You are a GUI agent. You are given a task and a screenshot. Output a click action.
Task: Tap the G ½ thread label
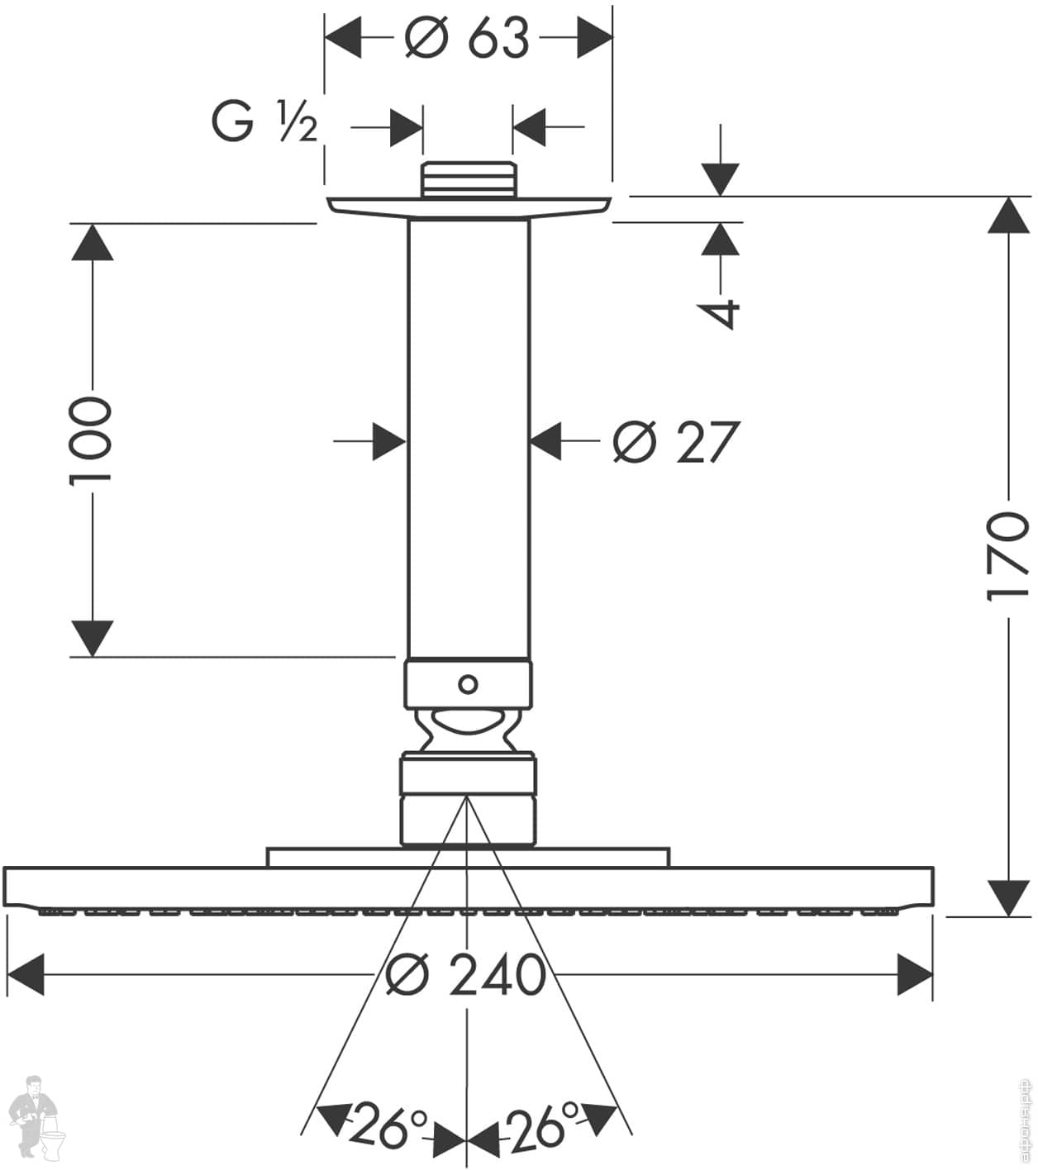(x=264, y=123)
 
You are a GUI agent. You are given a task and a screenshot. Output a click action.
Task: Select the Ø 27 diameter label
(x=674, y=442)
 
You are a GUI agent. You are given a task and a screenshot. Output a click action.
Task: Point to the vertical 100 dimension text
(x=90, y=440)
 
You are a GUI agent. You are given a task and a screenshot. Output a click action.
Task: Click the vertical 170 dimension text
(x=1008, y=556)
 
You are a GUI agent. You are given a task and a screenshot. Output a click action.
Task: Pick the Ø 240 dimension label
(x=466, y=975)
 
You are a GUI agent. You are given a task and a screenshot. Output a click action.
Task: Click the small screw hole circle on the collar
(x=468, y=684)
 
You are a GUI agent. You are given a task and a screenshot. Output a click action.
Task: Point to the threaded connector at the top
(x=468, y=180)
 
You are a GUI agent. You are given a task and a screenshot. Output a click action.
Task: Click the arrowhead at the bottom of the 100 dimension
(x=91, y=638)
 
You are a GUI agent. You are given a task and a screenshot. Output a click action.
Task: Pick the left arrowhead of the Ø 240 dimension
(x=25, y=975)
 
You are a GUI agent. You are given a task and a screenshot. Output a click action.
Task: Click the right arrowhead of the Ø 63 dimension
(x=594, y=38)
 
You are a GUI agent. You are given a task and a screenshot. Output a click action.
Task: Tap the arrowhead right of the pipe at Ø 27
(x=546, y=442)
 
